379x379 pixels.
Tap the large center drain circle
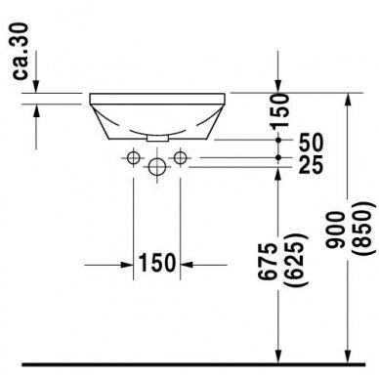[155, 167]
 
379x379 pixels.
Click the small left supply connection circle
[133, 156]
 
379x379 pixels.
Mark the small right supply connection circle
[179, 156]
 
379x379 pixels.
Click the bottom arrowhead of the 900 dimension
[348, 358]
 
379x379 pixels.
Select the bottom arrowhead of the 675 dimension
[280, 358]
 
